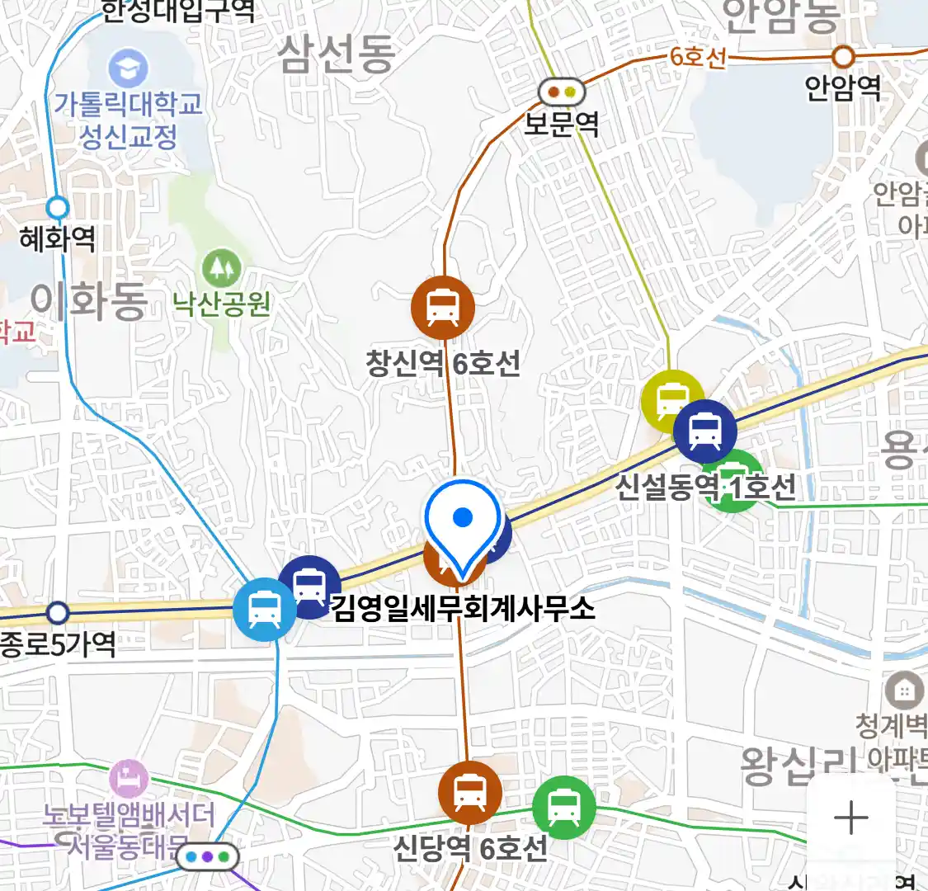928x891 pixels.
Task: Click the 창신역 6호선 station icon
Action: click(443, 307)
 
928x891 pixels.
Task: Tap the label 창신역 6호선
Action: click(443, 363)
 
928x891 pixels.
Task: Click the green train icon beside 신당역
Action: click(563, 807)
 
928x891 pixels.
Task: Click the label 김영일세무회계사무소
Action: click(463, 609)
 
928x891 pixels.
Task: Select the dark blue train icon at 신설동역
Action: click(705, 431)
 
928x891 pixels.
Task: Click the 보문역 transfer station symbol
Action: click(562, 92)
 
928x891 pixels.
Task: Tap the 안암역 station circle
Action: click(843, 57)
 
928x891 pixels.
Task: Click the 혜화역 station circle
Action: click(58, 207)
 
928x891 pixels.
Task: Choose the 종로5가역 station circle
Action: click(57, 613)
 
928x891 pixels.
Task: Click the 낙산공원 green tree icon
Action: click(221, 267)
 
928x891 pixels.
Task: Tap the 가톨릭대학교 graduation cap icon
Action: click(128, 68)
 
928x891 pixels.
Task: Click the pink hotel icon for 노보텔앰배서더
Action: click(129, 778)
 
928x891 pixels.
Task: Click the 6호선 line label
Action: click(698, 57)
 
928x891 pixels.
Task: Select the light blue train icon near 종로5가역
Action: click(264, 610)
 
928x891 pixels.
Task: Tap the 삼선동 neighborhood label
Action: click(336, 54)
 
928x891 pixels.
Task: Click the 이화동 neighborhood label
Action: click(89, 300)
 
